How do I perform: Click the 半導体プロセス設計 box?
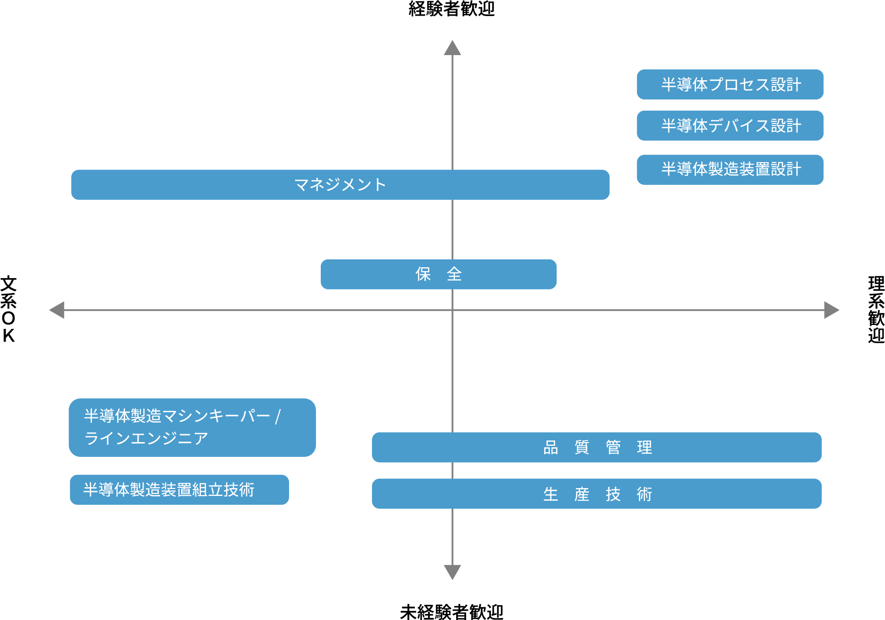click(730, 85)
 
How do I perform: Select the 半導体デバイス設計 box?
click(730, 126)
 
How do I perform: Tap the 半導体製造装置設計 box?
click(730, 169)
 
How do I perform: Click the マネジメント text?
click(340, 185)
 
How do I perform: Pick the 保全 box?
click(438, 274)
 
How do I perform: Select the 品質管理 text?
click(597, 447)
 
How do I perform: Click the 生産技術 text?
click(597, 494)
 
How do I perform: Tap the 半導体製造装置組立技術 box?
click(179, 490)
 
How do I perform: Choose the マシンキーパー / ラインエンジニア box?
click(192, 427)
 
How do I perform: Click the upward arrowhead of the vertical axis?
click(452, 48)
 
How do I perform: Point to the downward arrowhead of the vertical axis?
click(452, 572)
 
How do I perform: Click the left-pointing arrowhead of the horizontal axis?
click(57, 310)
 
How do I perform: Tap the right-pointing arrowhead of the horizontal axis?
click(832, 310)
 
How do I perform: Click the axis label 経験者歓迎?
click(451, 9)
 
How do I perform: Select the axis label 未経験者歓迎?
click(451, 612)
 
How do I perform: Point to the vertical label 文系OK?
click(8, 309)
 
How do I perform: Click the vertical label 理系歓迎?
click(876, 309)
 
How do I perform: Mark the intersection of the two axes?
click(452, 310)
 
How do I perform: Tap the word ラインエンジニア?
click(146, 438)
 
